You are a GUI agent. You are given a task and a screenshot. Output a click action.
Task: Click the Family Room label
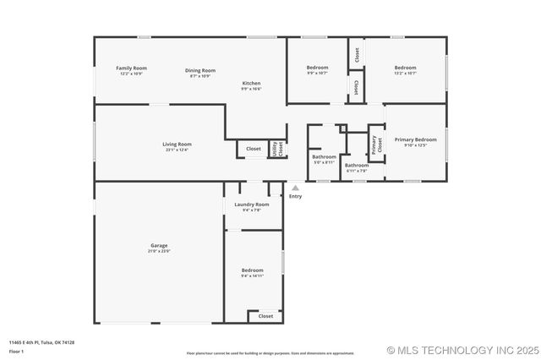[x=131, y=68]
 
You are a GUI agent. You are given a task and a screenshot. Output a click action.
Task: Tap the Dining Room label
[x=200, y=70]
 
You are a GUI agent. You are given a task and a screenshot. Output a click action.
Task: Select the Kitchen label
[x=251, y=83]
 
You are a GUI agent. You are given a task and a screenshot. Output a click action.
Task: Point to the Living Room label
[x=177, y=144]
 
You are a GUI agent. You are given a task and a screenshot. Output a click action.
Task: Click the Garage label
[x=159, y=245]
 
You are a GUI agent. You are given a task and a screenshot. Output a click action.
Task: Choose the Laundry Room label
[x=252, y=205]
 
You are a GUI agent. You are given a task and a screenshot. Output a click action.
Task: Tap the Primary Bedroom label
[x=421, y=139]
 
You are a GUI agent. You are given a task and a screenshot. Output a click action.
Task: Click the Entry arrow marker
[x=295, y=188]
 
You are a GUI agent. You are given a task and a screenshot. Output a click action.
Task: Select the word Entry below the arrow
[x=295, y=196]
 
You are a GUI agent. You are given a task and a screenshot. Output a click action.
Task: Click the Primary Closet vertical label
[x=374, y=145]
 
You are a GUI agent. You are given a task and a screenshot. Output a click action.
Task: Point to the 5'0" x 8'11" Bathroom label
[x=325, y=156]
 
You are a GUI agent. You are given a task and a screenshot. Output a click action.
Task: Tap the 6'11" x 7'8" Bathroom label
[x=357, y=166]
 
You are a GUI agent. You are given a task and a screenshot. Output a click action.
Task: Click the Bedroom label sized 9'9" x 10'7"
[x=317, y=67]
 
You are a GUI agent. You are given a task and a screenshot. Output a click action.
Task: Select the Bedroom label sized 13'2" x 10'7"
[x=405, y=68]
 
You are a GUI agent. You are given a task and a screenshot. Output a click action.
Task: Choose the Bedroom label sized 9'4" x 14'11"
[x=253, y=270]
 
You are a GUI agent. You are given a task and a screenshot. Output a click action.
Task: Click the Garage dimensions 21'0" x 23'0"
[x=159, y=251]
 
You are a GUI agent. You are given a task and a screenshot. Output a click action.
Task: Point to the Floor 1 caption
[x=16, y=350]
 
